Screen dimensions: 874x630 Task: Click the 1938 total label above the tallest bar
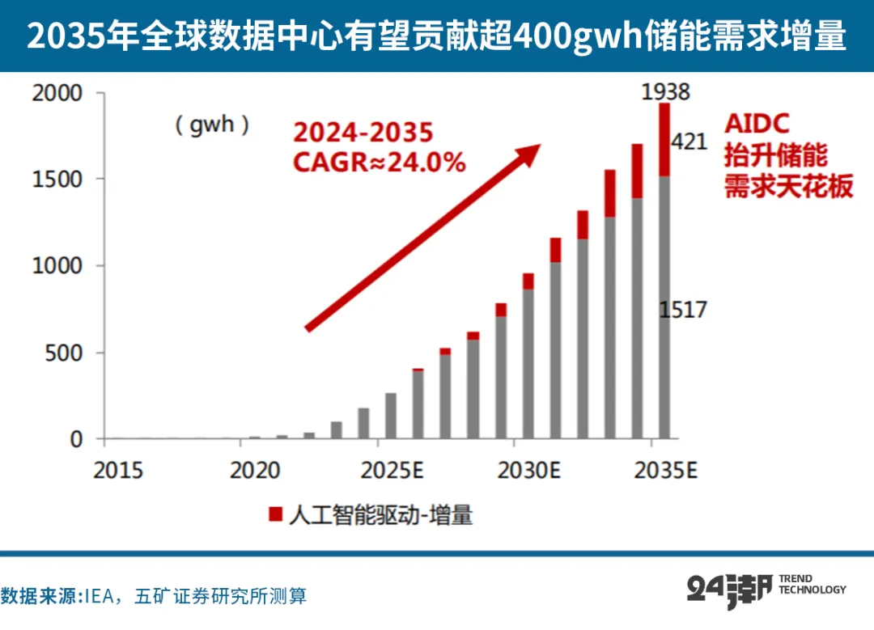[x=665, y=92]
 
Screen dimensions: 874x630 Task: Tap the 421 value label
[x=689, y=142]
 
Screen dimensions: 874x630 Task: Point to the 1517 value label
[x=683, y=310]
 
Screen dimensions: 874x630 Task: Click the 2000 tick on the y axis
[x=57, y=93]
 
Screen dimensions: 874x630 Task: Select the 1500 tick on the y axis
[x=57, y=180]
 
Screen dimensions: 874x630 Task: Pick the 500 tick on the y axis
[x=64, y=353]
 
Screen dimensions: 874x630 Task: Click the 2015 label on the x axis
[x=117, y=471]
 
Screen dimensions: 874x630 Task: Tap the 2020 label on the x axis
[x=255, y=471]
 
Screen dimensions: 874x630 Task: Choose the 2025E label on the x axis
[x=392, y=471]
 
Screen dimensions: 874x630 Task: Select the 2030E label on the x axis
[x=528, y=471]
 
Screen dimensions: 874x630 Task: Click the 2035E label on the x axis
[x=665, y=471]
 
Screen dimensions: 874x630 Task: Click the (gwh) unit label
[x=212, y=125]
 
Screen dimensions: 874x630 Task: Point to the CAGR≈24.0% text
[x=379, y=163]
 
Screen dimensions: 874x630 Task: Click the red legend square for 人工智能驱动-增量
[x=275, y=514]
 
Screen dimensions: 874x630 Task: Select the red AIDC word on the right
[x=757, y=124]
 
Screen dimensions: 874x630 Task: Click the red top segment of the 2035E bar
[x=664, y=140]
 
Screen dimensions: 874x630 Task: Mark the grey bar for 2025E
[x=391, y=416]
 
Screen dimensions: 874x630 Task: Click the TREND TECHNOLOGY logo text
[x=812, y=585]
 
